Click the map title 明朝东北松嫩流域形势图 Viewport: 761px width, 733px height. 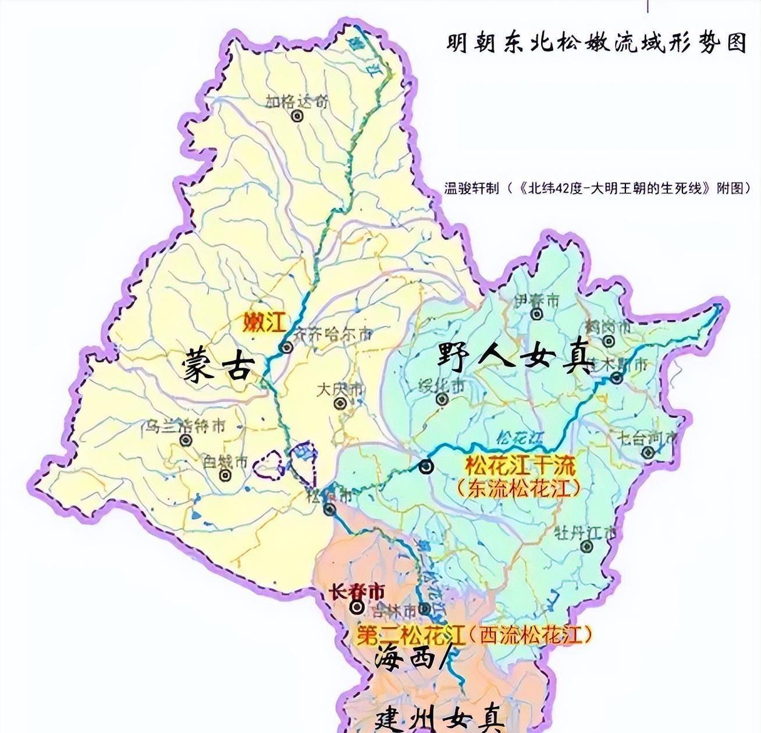click(596, 43)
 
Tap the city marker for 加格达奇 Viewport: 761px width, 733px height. click(298, 116)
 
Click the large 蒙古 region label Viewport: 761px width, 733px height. click(218, 366)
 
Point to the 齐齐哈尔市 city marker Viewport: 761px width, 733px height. click(286, 348)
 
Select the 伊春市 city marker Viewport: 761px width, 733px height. click(536, 315)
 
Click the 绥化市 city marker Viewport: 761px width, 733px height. click(442, 399)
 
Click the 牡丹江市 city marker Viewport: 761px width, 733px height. click(586, 546)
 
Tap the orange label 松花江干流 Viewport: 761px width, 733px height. click(520, 465)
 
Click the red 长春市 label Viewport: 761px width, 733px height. click(357, 592)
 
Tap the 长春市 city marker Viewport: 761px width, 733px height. click(356, 607)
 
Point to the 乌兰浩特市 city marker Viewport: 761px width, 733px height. click(186, 440)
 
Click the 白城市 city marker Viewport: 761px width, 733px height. click(226, 476)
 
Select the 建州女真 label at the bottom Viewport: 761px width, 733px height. click(439, 719)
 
